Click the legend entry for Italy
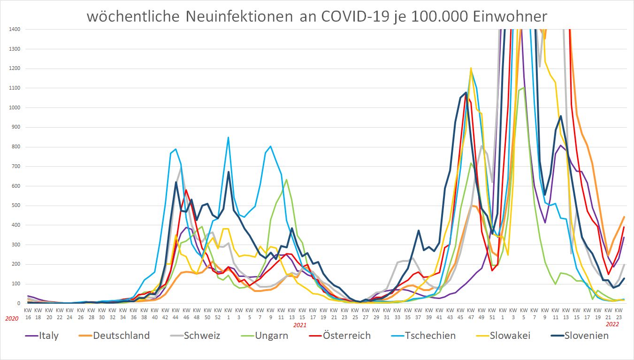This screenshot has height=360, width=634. coord(49,336)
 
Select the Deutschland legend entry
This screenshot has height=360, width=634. coord(121,336)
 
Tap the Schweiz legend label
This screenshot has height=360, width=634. coord(202,336)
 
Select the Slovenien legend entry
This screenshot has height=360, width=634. coord(586,336)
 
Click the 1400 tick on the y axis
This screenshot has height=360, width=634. coord(14,30)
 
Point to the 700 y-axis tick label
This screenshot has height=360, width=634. coord(15,166)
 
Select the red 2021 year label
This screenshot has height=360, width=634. coord(300,324)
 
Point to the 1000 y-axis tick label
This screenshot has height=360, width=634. coord(14,107)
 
